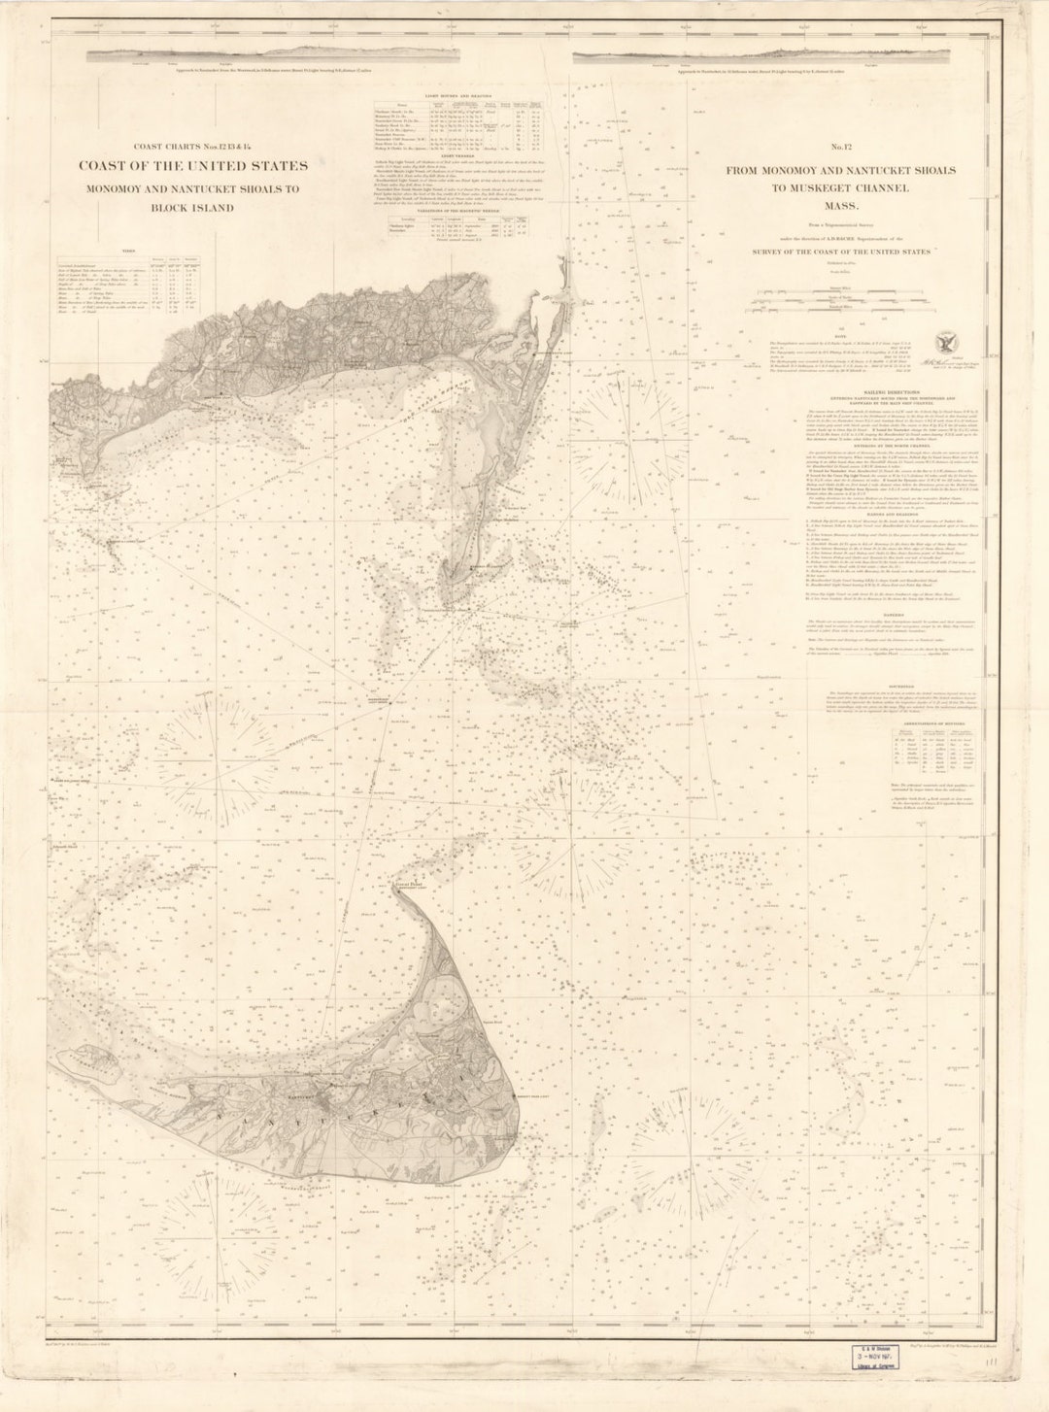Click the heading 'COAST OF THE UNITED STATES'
pos(193,166)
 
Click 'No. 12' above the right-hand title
pos(841,148)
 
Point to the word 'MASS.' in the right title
pos(841,207)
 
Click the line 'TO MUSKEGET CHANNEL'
pos(841,188)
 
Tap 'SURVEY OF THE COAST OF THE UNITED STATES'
pos(841,252)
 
